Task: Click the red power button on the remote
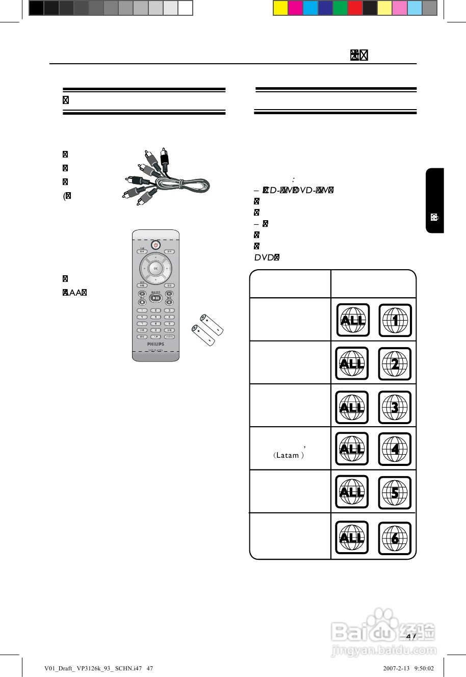pyautogui.click(x=156, y=245)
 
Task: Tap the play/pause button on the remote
pyautogui.click(x=156, y=298)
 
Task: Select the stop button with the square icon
pyautogui.click(x=142, y=302)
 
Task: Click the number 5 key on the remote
pyautogui.click(x=156, y=317)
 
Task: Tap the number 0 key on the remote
pyautogui.click(x=156, y=330)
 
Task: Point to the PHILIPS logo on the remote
pyautogui.click(x=156, y=344)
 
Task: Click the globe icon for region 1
pyautogui.click(x=395, y=320)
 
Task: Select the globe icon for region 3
pyautogui.click(x=395, y=407)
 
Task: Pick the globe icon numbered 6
pyautogui.click(x=395, y=538)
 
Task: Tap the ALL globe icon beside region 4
pyautogui.click(x=352, y=449)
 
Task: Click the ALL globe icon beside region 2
pyautogui.click(x=352, y=363)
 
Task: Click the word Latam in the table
pyautogui.click(x=287, y=455)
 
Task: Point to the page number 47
pyautogui.click(x=411, y=637)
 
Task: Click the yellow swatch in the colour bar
pyautogui.click(x=281, y=8)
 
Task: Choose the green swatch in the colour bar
pyautogui.click(x=340, y=8)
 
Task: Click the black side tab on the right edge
pyautogui.click(x=434, y=200)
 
